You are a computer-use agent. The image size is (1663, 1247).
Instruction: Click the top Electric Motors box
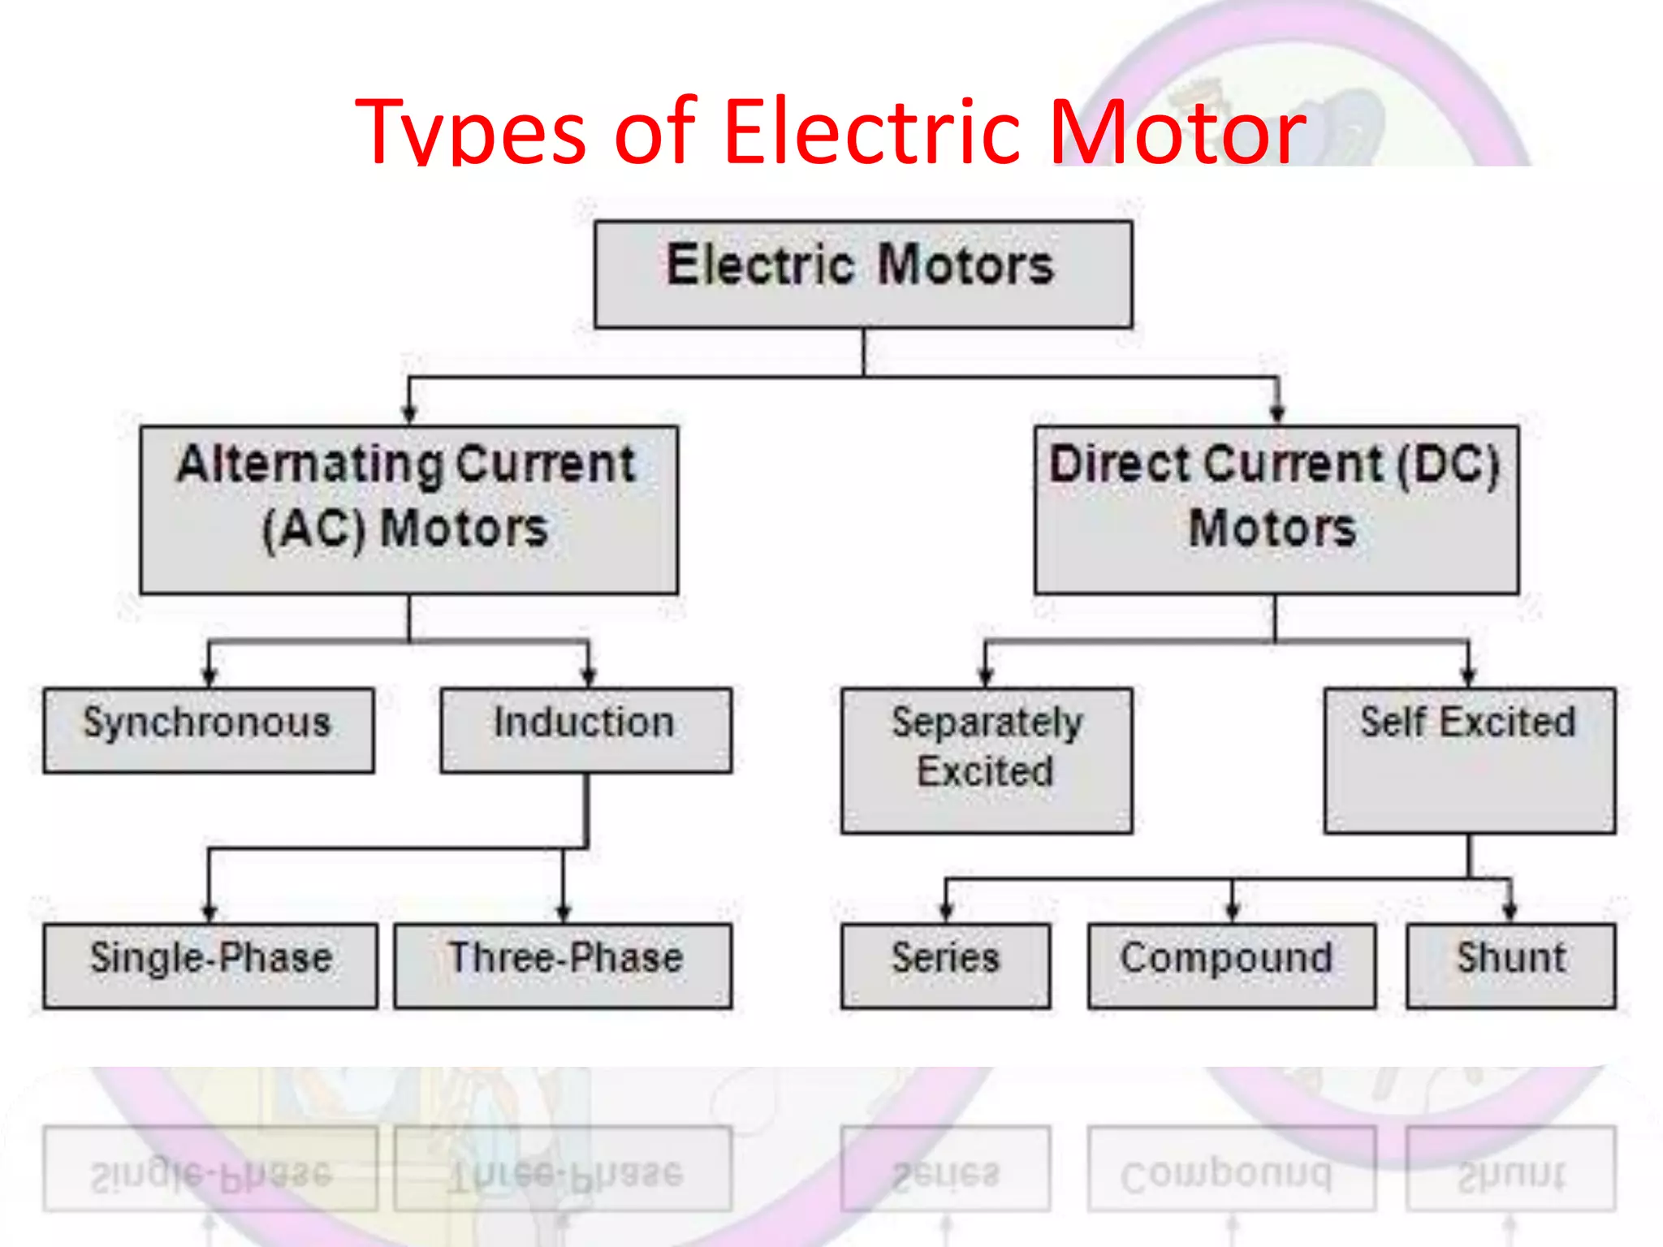point(863,274)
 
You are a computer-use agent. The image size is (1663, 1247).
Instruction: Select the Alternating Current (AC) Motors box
point(408,510)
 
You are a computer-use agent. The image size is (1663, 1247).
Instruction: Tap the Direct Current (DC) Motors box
point(1276,510)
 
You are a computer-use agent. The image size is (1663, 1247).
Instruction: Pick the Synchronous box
point(209,730)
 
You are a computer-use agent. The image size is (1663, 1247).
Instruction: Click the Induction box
point(585,730)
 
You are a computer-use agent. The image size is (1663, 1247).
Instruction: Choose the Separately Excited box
point(987,760)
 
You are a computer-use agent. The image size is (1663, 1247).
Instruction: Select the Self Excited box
point(1469,760)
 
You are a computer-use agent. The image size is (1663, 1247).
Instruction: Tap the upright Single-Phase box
point(210,965)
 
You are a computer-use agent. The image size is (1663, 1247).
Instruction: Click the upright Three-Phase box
point(563,965)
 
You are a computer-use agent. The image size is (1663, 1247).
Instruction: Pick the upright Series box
point(945,965)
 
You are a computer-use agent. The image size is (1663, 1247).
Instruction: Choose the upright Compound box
point(1232,965)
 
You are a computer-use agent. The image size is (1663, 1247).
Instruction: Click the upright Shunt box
point(1510,965)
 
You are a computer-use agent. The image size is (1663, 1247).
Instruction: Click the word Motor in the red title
point(1177,131)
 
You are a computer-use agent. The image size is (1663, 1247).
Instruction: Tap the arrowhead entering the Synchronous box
point(209,678)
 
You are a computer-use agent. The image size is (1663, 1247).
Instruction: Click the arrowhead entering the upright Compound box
point(1232,912)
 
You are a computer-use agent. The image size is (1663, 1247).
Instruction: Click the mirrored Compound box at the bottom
point(1232,1168)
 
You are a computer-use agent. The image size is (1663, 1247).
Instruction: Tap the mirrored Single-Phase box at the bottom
point(210,1168)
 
